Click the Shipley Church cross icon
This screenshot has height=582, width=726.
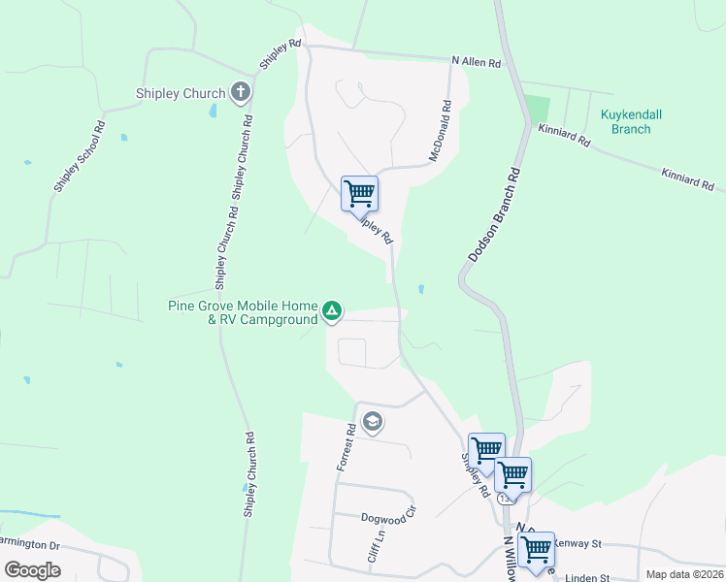click(x=241, y=93)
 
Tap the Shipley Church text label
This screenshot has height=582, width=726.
click(x=181, y=94)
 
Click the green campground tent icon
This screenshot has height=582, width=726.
click(x=332, y=311)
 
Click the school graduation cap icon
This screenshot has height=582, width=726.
click(x=372, y=422)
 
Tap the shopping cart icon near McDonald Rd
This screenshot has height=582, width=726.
click(x=359, y=192)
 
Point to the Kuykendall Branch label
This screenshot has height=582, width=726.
click(x=631, y=121)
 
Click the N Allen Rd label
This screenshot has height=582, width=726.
click(x=477, y=62)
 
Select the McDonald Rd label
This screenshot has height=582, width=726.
click(x=441, y=129)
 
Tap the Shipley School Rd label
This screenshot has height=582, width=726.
click(x=79, y=157)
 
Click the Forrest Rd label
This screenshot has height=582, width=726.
click(x=345, y=446)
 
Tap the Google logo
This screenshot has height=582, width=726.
click(x=32, y=570)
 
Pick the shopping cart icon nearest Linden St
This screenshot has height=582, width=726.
click(x=536, y=548)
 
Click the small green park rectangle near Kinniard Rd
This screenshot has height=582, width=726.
click(x=536, y=109)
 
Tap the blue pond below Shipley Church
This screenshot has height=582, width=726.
click(x=213, y=111)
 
